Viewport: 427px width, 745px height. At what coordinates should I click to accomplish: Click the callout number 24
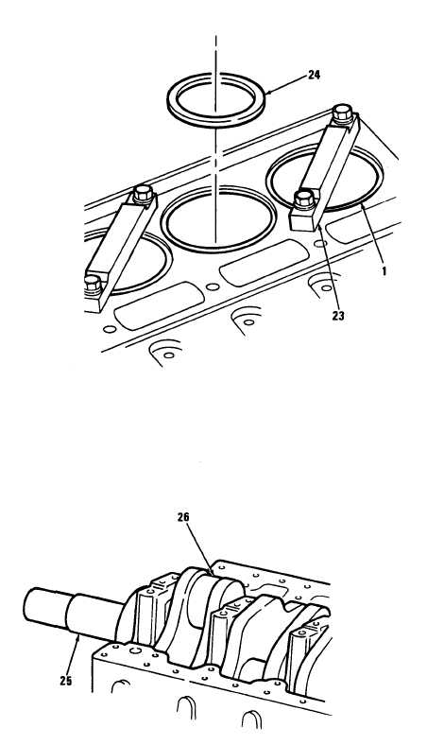pos(314,75)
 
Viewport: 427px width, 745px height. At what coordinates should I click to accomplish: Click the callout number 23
pos(337,316)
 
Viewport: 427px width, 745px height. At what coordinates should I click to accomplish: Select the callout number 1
pos(384,271)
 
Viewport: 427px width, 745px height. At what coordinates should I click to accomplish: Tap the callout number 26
pos(184,517)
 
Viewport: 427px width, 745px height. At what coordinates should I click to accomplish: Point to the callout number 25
pos(66,681)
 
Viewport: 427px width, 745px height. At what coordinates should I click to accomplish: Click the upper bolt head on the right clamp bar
pos(342,113)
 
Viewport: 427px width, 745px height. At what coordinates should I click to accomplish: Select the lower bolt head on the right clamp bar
pos(304,199)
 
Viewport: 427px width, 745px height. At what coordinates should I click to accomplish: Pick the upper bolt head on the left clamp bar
pos(143,193)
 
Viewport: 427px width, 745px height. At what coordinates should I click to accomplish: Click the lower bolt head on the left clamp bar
pos(94,284)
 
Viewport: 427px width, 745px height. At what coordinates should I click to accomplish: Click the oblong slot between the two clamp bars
pos(265,262)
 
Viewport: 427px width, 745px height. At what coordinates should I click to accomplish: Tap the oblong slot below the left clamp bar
pos(159,305)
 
